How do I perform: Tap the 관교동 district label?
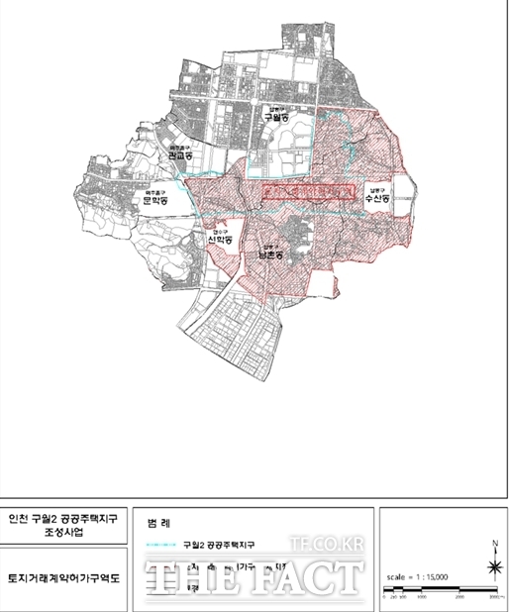click(x=180, y=154)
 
